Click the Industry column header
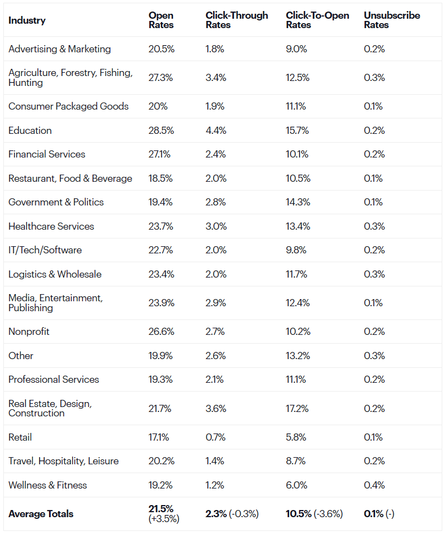pyautogui.click(x=27, y=20)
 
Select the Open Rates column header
pyautogui.click(x=161, y=20)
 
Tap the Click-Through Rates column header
pyautogui.click(x=237, y=20)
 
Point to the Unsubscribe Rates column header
pyautogui.click(x=392, y=20)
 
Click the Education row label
pyautogui.click(x=30, y=131)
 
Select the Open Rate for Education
pyautogui.click(x=161, y=131)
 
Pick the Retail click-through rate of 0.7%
pyautogui.click(x=215, y=437)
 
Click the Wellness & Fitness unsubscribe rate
pyautogui.click(x=374, y=485)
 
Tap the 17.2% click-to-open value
pyautogui.click(x=297, y=409)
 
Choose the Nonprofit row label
pyautogui.click(x=29, y=332)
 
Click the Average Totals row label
pyautogui.click(x=41, y=514)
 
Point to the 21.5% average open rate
pyautogui.click(x=161, y=509)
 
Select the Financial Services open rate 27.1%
pyautogui.click(x=159, y=154)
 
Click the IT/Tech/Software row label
pyautogui.click(x=45, y=250)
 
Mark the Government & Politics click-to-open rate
pyautogui.click(x=297, y=202)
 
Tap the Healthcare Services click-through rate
pyautogui.click(x=216, y=226)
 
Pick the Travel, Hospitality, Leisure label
pyautogui.click(x=63, y=461)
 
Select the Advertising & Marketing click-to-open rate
pyautogui.click(x=296, y=49)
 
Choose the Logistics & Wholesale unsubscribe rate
pyautogui.click(x=374, y=274)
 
